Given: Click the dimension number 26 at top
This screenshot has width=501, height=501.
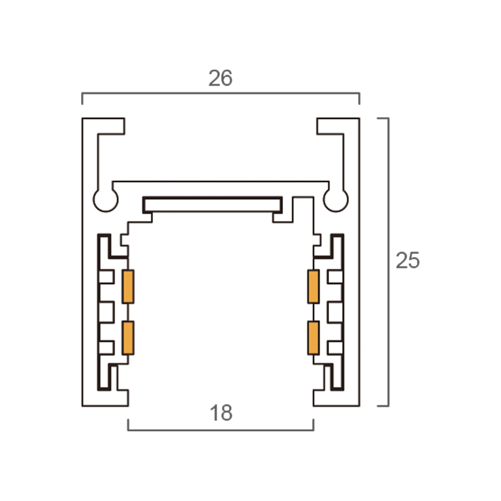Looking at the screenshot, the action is pyautogui.click(x=220, y=78).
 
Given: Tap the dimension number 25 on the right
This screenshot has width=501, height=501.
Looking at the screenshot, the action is pyautogui.click(x=407, y=261).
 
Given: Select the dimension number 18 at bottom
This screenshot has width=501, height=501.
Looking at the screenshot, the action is pyautogui.click(x=221, y=413).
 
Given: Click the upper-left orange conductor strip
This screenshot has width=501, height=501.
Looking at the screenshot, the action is pyautogui.click(x=128, y=287).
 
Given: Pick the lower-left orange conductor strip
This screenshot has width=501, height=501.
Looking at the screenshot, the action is pyautogui.click(x=128, y=338).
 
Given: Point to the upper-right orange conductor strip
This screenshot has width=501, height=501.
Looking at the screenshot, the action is pyautogui.click(x=314, y=287).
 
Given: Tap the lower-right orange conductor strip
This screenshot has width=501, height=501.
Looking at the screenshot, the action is pyautogui.click(x=314, y=338).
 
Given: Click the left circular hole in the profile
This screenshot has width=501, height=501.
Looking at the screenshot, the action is pyautogui.click(x=105, y=200).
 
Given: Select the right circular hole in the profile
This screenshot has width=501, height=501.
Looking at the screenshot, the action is pyautogui.click(x=336, y=200).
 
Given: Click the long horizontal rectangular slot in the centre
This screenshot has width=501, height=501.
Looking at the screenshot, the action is pyautogui.click(x=212, y=205).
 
